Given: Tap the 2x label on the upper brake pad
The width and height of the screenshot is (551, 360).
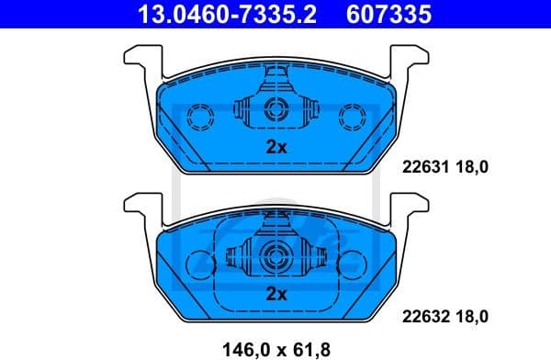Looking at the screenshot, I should (276, 147).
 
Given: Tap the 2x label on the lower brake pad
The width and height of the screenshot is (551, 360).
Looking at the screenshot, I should (276, 294).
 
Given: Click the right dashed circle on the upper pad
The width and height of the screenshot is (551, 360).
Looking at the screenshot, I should (352, 116).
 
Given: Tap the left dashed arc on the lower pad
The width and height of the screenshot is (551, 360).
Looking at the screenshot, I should (195, 264).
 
